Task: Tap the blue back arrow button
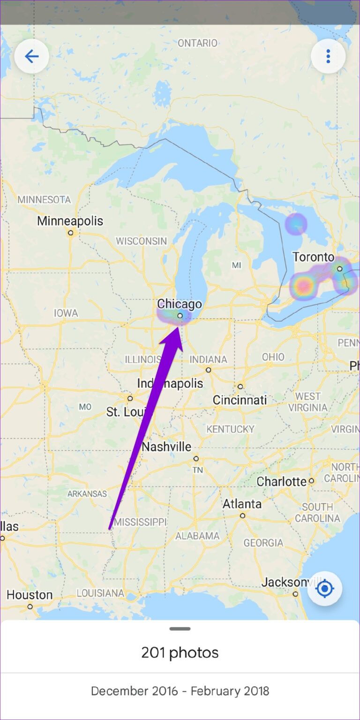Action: tap(31, 57)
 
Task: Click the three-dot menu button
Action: tap(328, 57)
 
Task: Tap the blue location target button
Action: tap(324, 588)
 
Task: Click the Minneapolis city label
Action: tap(70, 221)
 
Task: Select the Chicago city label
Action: tap(180, 304)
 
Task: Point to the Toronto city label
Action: tap(314, 257)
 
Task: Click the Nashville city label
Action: tap(166, 447)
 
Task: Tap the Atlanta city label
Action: tap(242, 504)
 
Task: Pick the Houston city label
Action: tap(30, 595)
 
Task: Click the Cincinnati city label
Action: tap(240, 400)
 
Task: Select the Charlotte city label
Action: tap(282, 481)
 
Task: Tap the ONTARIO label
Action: tap(197, 43)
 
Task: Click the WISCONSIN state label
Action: tap(141, 241)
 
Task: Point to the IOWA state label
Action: tap(66, 313)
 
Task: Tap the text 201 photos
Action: tap(180, 652)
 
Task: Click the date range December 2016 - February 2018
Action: tap(180, 691)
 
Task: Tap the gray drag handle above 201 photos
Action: tap(180, 629)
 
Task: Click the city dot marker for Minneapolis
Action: tap(70, 233)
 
